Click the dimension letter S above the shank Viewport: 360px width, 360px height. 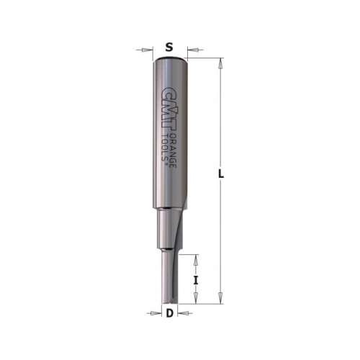click(169, 48)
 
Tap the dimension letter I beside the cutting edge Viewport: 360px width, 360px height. click(196, 280)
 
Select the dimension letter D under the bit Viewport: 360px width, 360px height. click(169, 313)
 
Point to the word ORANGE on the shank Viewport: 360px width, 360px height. click(174, 150)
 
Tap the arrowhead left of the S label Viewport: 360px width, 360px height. click(148, 50)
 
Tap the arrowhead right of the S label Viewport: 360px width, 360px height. click(192, 50)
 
